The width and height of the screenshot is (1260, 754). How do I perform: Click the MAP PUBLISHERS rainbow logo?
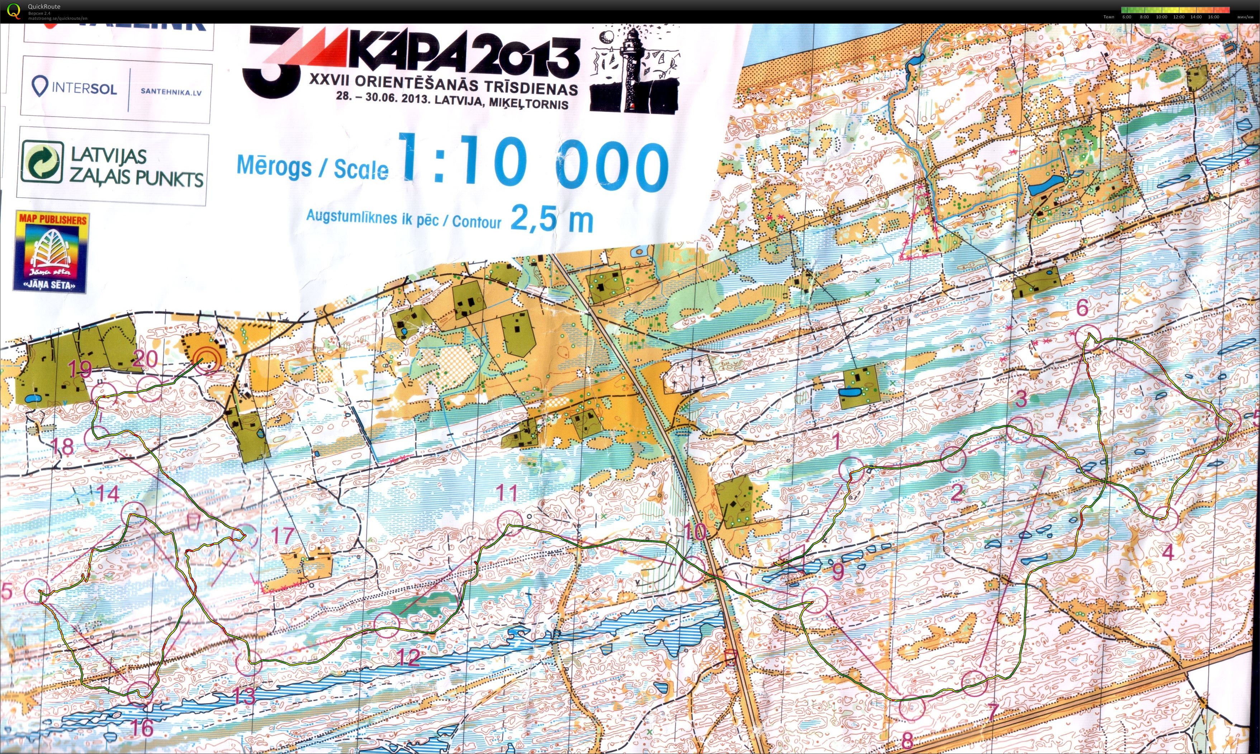click(x=51, y=251)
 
